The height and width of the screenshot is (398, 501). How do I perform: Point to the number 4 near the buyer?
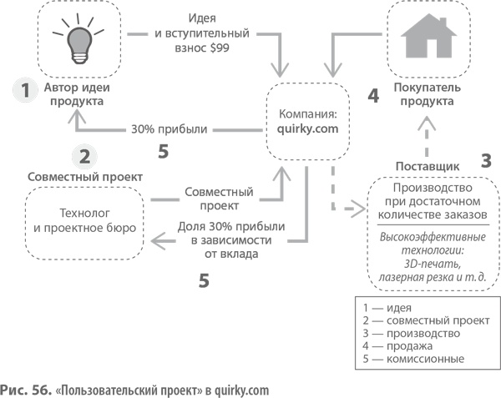(x=373, y=95)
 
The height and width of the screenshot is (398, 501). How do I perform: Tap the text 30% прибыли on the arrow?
(x=170, y=129)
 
